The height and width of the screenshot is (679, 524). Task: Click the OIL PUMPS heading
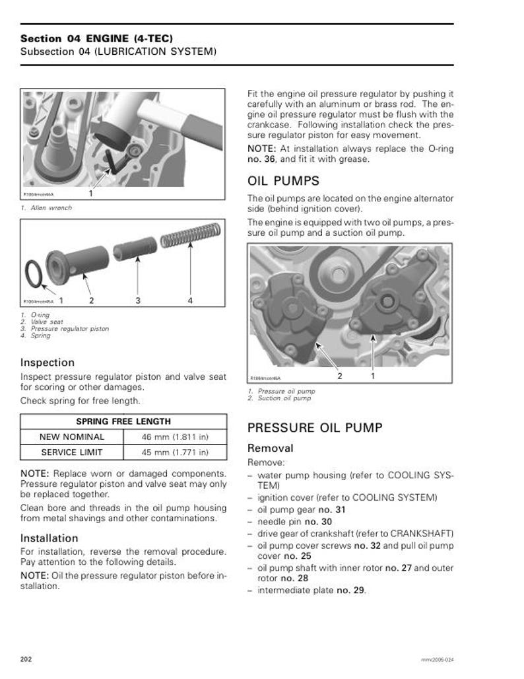point(283,181)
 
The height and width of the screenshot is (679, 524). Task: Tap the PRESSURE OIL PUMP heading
point(314,428)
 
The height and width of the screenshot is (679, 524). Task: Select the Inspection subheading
point(47,363)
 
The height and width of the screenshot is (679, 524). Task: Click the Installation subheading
point(49,538)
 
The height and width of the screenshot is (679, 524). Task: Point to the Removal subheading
point(270,448)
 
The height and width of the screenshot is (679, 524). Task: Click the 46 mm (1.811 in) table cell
point(175,437)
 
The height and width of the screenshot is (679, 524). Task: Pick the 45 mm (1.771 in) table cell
point(175,452)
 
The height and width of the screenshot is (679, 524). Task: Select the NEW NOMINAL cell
point(72,437)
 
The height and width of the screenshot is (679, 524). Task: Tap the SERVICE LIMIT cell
point(72,452)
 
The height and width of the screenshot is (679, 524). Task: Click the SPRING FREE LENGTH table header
point(123,421)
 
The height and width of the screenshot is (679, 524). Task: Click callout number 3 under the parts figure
point(138,301)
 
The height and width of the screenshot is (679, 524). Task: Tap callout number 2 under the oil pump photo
point(340,376)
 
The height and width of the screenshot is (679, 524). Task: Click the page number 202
point(26,659)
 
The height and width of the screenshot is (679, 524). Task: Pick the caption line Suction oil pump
point(286,398)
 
